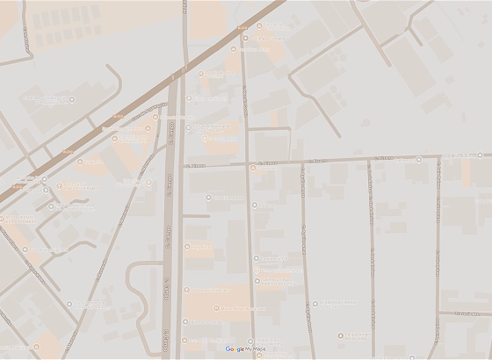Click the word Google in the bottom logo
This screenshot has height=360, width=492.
[235, 349]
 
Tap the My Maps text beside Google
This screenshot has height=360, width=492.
[256, 349]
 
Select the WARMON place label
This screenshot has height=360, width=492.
[230, 197]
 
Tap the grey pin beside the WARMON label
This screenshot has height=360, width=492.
[208, 197]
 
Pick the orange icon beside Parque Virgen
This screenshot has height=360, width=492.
[342, 336]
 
